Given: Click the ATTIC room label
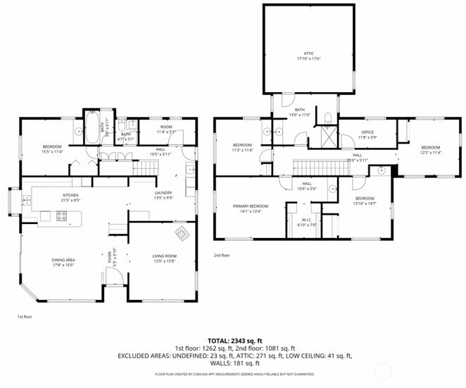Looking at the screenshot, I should tap(308, 54).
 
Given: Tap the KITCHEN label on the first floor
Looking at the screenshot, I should tap(70, 195).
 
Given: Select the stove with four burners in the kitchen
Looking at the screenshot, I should tap(61, 217).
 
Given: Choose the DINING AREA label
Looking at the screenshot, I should tap(65, 260).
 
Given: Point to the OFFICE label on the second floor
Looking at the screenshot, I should tap(367, 132).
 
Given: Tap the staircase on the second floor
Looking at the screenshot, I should tap(308, 168).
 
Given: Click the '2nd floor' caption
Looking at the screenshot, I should tap(222, 256).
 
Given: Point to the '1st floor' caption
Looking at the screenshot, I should tap(25, 317).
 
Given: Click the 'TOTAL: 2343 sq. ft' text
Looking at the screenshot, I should tap(232, 341).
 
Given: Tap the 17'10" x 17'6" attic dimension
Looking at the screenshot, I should tap(308, 60).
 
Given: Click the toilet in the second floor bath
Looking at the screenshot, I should tap(327, 117).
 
